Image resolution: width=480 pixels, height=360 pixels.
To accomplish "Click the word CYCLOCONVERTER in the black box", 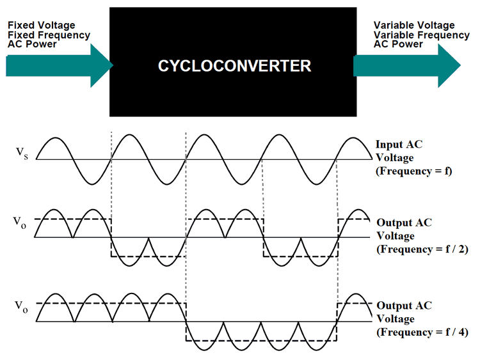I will (x=235, y=65).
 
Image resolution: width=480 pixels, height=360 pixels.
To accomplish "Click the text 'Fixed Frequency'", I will (x=49, y=35).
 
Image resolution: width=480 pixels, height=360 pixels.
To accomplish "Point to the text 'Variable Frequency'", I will (x=421, y=35).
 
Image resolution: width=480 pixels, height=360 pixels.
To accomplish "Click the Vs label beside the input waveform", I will (x=22, y=154).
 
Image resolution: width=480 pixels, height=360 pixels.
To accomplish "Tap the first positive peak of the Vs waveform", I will (x=55, y=138).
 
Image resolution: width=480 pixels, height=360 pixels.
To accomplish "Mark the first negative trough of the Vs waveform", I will (x=92, y=182).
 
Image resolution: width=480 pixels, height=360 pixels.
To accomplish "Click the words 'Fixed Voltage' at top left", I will (x=41, y=25).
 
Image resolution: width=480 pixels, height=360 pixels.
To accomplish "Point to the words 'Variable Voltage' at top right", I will (x=415, y=25).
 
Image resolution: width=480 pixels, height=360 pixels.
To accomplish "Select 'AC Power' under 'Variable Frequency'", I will (x=398, y=44).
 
